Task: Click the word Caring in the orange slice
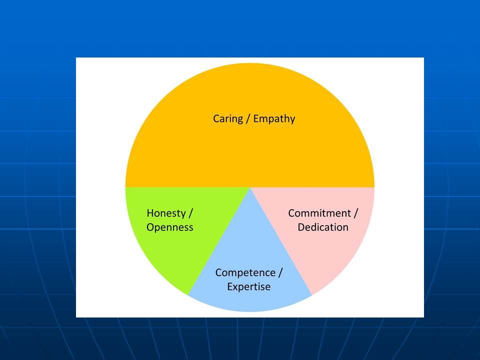point(228,119)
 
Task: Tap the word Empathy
point(274,119)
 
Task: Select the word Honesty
point(166,213)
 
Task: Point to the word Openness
point(170,227)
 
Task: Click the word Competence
point(245,273)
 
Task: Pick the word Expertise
point(249,287)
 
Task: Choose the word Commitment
point(319,213)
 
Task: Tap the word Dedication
point(323,227)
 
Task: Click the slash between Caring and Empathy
point(248,119)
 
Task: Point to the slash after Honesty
point(190,213)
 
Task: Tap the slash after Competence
point(280,273)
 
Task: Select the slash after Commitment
point(355,213)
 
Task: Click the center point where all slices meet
point(250,187)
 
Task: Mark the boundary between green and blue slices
point(219,241)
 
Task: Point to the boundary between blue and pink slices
point(281,241)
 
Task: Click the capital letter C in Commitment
point(291,213)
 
